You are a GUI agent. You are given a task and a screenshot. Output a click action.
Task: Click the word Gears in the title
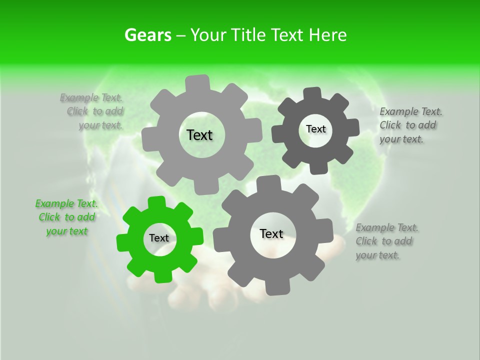coord(147,35)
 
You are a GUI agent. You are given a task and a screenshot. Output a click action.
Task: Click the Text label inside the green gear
coord(159,238)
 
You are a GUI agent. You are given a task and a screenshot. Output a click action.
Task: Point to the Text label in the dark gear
coord(315,129)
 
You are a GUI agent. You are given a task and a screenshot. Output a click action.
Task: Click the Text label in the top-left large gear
coord(199,135)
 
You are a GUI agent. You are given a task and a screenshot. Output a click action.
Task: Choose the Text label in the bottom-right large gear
coord(271,233)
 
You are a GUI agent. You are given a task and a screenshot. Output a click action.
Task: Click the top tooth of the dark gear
coord(312,93)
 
